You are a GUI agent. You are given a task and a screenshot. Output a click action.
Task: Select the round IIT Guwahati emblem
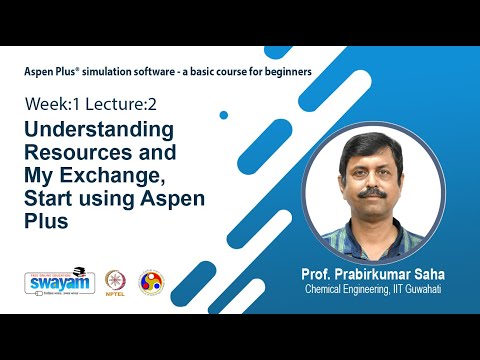(x=151, y=282)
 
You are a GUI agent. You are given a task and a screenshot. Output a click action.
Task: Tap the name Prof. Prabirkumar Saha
(x=371, y=273)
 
